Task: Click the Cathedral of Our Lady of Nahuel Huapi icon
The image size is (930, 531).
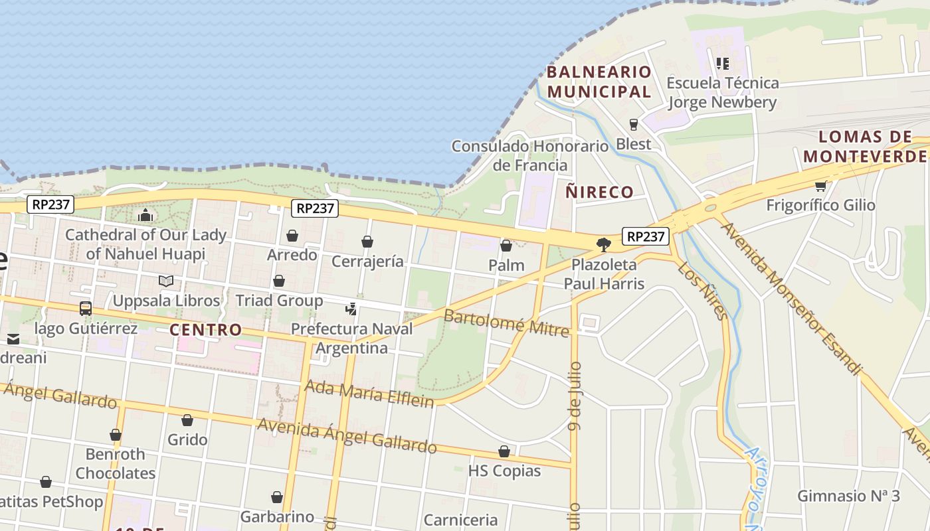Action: tap(145, 215)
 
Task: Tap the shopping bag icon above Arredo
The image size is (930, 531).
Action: tap(292, 236)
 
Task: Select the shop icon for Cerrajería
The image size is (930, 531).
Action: tap(367, 242)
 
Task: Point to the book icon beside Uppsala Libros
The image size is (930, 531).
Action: tap(165, 281)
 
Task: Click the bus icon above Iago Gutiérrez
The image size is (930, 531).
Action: tap(86, 309)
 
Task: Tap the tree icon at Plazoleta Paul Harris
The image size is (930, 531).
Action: tap(603, 245)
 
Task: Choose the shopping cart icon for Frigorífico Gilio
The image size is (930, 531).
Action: tap(820, 186)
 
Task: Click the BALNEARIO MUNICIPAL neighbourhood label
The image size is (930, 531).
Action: tap(599, 82)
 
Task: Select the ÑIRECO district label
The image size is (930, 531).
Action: tap(599, 192)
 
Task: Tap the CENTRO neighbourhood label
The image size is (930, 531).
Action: tap(205, 330)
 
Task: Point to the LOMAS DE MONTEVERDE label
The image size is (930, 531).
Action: tap(865, 147)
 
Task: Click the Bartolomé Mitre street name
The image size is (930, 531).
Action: tap(506, 323)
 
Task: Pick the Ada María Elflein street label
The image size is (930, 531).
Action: tap(369, 392)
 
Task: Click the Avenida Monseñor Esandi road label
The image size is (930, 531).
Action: tap(790, 297)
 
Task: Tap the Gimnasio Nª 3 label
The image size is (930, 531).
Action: tap(848, 496)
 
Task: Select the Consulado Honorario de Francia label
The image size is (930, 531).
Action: tap(530, 155)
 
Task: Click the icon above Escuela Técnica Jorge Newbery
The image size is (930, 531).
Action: tap(722, 64)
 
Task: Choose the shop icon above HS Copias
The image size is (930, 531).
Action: tap(504, 452)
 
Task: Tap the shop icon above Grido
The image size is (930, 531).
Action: tap(187, 420)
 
